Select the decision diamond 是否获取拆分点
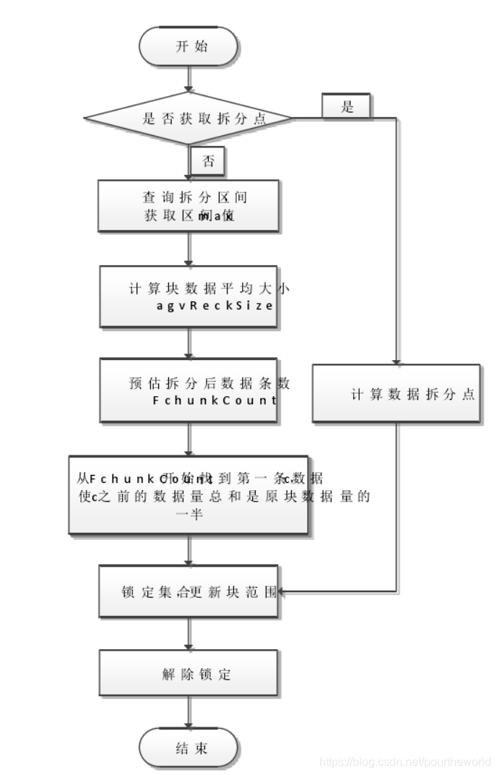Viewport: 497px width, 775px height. pyautogui.click(x=189, y=119)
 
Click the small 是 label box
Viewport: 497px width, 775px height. pyautogui.click(x=347, y=107)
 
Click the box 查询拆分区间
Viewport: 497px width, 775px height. pyautogui.click(x=189, y=205)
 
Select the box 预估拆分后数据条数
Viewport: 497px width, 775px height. pyautogui.click(x=189, y=390)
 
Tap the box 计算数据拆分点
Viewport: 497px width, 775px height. pyautogui.click(x=396, y=393)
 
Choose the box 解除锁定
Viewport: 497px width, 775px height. pyautogui.click(x=189, y=674)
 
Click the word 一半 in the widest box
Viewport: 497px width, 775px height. pyautogui.click(x=189, y=513)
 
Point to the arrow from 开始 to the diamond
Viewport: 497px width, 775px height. pyautogui.click(x=189, y=77)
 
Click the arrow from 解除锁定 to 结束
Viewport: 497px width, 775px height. pyautogui.click(x=189, y=712)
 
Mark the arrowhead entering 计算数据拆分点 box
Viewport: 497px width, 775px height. pyautogui.click(x=396, y=361)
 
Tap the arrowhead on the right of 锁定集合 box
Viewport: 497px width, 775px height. pyautogui.click(x=282, y=593)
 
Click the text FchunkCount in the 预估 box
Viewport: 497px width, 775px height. pyautogui.click(x=215, y=400)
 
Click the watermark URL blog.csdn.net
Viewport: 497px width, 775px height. pyautogui.click(x=405, y=761)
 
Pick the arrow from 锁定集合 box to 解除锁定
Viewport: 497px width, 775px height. pyautogui.click(x=189, y=633)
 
